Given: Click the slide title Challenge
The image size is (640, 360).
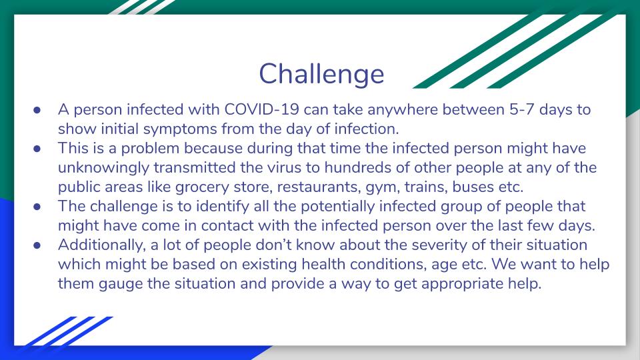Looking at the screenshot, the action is coord(321,74).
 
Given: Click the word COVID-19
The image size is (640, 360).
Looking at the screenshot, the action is coord(261,109).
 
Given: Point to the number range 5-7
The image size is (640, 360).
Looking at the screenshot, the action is coord(521,109).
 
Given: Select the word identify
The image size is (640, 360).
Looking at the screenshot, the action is coord(223,207).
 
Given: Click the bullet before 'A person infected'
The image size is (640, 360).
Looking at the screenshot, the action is coord(37,110).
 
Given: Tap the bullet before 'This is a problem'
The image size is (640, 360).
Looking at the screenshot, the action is coord(37,149).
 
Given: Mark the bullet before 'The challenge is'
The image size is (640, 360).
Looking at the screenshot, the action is coord(37,207).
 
